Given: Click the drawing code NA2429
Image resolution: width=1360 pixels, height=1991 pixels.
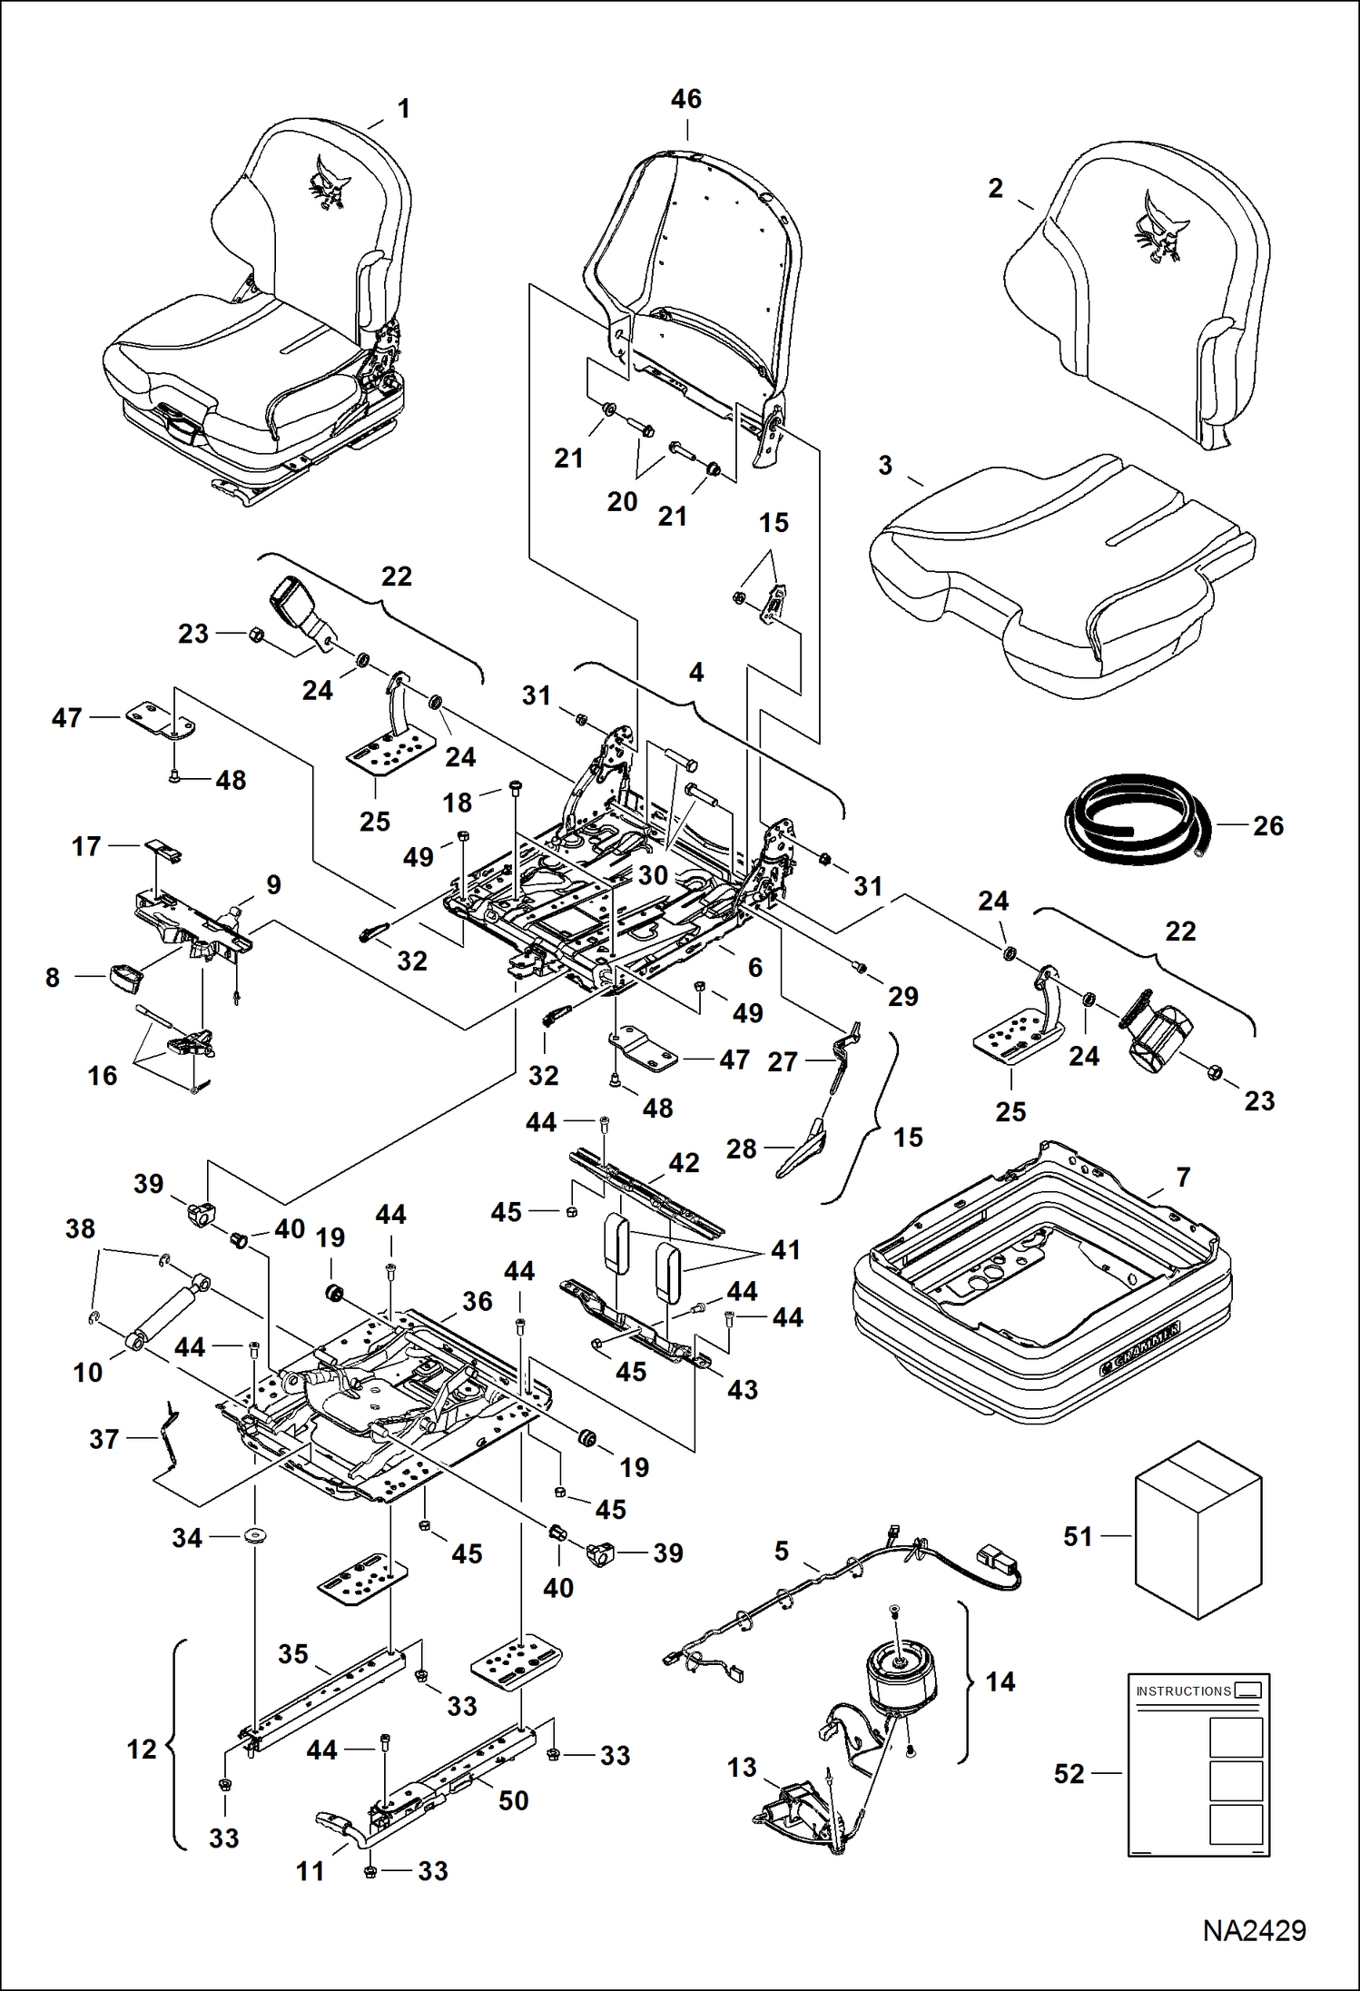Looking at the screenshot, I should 1254,1930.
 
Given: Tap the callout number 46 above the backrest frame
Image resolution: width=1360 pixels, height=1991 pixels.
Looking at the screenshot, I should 685,99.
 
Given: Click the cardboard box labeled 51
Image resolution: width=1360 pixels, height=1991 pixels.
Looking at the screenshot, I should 1198,1530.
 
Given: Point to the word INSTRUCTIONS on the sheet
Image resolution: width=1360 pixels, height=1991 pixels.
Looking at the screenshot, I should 1183,1691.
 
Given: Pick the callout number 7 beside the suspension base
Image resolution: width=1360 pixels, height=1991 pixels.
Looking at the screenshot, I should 1183,1178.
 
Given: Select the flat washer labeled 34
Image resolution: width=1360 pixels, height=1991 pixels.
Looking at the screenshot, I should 255,1537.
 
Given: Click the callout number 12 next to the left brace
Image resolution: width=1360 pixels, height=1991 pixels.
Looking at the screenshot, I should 142,1750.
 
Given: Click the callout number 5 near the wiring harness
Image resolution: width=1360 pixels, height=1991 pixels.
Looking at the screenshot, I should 782,1551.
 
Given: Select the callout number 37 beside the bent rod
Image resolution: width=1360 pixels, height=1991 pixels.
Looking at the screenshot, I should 103,1439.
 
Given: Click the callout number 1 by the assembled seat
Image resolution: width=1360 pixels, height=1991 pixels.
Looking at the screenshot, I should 404,109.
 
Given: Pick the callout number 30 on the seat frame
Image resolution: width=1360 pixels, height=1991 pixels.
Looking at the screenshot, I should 653,875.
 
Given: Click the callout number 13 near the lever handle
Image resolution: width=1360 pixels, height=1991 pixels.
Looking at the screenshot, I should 742,1767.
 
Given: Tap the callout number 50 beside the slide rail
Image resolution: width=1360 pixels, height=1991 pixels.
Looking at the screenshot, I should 513,1800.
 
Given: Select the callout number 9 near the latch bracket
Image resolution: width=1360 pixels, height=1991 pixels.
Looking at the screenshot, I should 273,884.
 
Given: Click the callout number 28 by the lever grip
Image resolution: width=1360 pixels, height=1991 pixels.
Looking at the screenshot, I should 741,1148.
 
